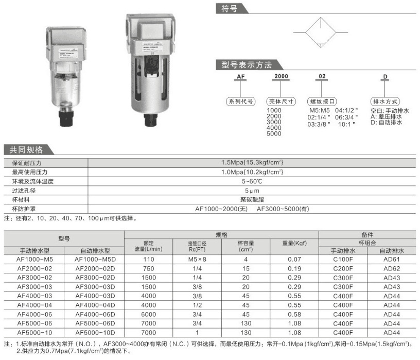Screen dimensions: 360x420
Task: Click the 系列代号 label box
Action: pyautogui.click(x=240, y=101)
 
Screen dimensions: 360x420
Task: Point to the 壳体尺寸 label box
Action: pyautogui.click(x=282, y=101)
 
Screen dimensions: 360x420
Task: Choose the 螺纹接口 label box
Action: pyautogui.click(x=323, y=101)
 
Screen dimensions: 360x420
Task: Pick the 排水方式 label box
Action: pyautogui.click(x=386, y=101)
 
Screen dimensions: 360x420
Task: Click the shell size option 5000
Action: pyautogui.click(x=274, y=133)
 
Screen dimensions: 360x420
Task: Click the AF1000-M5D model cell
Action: pyautogui.click(x=96, y=260)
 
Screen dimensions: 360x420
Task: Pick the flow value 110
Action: pyautogui.click(x=149, y=260)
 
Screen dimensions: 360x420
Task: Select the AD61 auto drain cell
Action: pyautogui.click(x=392, y=260)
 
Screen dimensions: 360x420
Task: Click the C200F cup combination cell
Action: pyautogui.click(x=343, y=269)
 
